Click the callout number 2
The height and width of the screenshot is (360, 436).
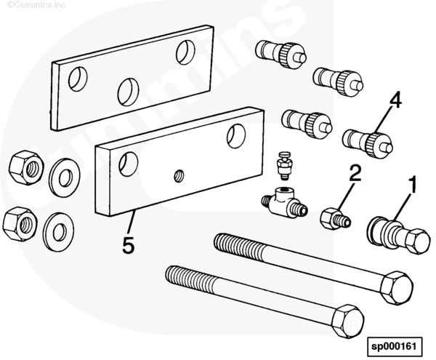[354, 173]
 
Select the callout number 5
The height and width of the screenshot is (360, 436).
[128, 246]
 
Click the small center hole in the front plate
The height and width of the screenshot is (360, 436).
[179, 174]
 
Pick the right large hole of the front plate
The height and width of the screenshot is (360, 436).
[235, 134]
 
